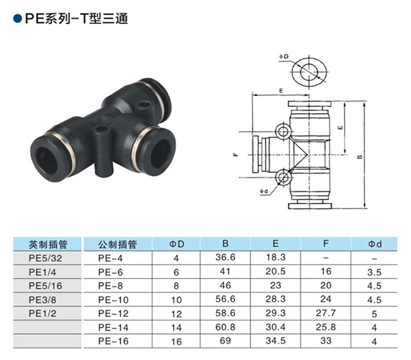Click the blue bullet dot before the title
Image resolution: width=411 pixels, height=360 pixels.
tap(17, 19)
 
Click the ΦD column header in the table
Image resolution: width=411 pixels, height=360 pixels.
tap(176, 244)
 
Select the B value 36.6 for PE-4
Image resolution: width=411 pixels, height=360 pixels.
tap(225, 257)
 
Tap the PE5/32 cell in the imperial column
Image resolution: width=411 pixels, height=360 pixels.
tap(45, 258)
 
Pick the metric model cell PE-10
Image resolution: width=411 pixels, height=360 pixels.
tap(113, 300)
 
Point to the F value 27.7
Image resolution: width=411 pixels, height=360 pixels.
tap(325, 313)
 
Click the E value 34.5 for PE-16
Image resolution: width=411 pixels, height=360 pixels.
tap(275, 341)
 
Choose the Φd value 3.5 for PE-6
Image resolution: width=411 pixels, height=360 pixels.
tap(374, 272)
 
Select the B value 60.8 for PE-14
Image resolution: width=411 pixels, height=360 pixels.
tap(225, 327)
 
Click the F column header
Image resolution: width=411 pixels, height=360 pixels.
tap(325, 243)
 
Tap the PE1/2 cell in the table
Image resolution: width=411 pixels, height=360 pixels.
tap(43, 313)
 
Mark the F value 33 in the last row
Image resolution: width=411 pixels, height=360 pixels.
tap(325, 341)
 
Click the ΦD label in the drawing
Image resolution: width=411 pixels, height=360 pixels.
tap(283, 57)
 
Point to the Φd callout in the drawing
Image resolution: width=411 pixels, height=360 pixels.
tap(264, 191)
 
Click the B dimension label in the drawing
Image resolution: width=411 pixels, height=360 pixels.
tap(360, 156)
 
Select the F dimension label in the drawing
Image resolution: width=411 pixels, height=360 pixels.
tap(235, 154)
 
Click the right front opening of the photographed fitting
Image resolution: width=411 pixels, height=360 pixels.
tap(160, 154)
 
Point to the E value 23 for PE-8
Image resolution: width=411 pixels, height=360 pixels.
tap(275, 285)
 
